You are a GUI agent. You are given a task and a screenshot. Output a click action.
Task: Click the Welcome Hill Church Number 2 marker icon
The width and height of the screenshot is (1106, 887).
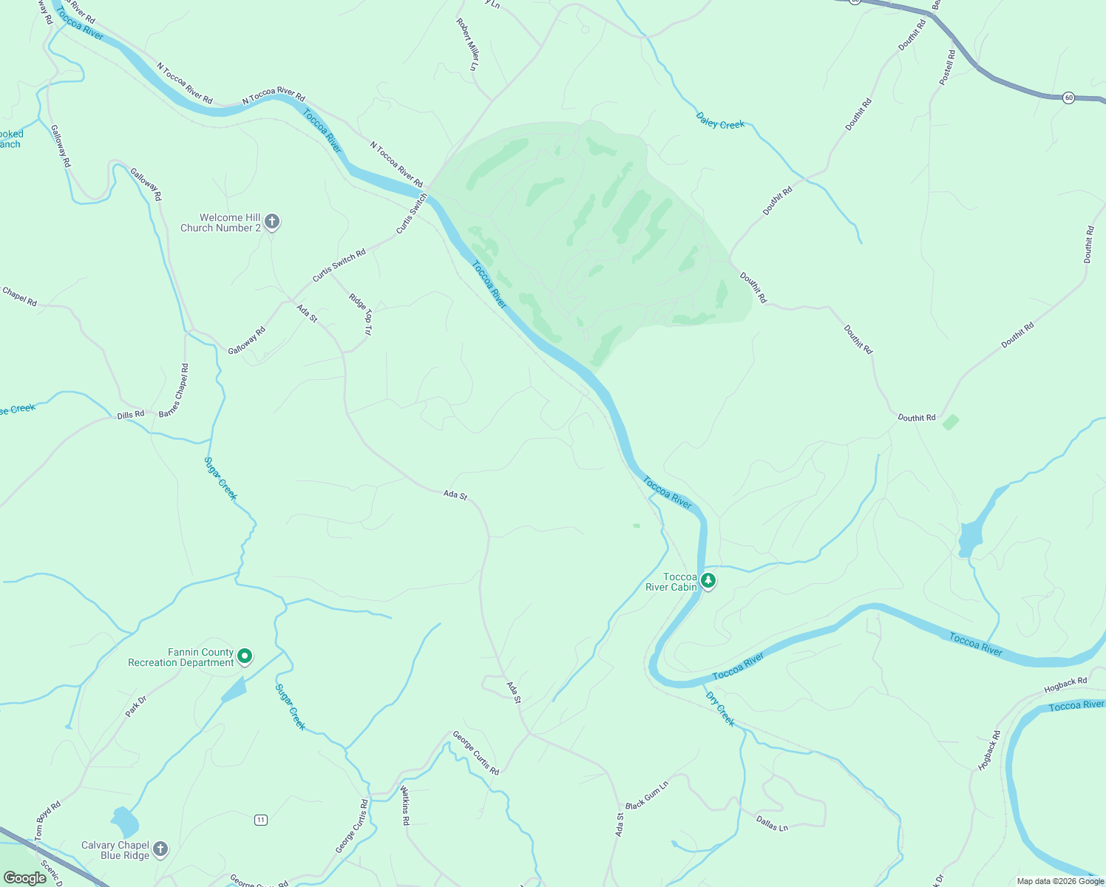(272, 221)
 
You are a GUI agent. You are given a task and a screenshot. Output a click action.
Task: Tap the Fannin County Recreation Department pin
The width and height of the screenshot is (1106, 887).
(245, 656)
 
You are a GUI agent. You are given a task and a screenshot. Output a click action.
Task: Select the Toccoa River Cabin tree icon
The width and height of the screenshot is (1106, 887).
(708, 580)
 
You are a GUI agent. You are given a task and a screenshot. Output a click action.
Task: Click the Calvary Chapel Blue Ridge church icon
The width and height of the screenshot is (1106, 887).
(160, 849)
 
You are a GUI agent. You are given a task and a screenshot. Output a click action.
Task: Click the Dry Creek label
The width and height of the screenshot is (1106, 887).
(720, 709)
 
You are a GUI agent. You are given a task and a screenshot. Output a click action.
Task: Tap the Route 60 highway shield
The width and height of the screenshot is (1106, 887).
(1068, 98)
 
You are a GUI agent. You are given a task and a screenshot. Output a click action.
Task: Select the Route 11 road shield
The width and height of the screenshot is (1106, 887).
(260, 820)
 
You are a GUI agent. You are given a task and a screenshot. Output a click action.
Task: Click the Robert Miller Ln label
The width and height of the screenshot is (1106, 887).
(467, 44)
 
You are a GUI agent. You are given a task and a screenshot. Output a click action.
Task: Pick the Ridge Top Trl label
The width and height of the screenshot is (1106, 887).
(361, 315)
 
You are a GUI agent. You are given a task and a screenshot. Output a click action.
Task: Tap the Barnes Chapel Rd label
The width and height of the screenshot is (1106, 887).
(174, 390)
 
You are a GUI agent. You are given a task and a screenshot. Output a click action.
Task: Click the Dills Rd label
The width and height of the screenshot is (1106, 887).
(131, 415)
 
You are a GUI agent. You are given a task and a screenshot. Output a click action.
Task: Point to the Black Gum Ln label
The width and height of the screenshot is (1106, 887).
(647, 795)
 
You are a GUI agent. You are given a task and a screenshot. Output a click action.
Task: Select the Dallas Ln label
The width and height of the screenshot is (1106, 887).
(772, 823)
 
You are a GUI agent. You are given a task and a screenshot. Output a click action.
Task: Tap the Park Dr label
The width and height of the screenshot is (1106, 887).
(136, 706)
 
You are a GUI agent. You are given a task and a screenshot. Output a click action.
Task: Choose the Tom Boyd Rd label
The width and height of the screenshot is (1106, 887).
(47, 820)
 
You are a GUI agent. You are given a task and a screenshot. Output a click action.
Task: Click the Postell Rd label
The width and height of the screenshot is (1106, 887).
(947, 67)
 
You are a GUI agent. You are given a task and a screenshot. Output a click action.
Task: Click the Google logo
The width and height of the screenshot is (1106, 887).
(24, 878)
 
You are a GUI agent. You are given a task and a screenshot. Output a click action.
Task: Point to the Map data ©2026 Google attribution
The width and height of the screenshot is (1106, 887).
(1060, 881)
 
